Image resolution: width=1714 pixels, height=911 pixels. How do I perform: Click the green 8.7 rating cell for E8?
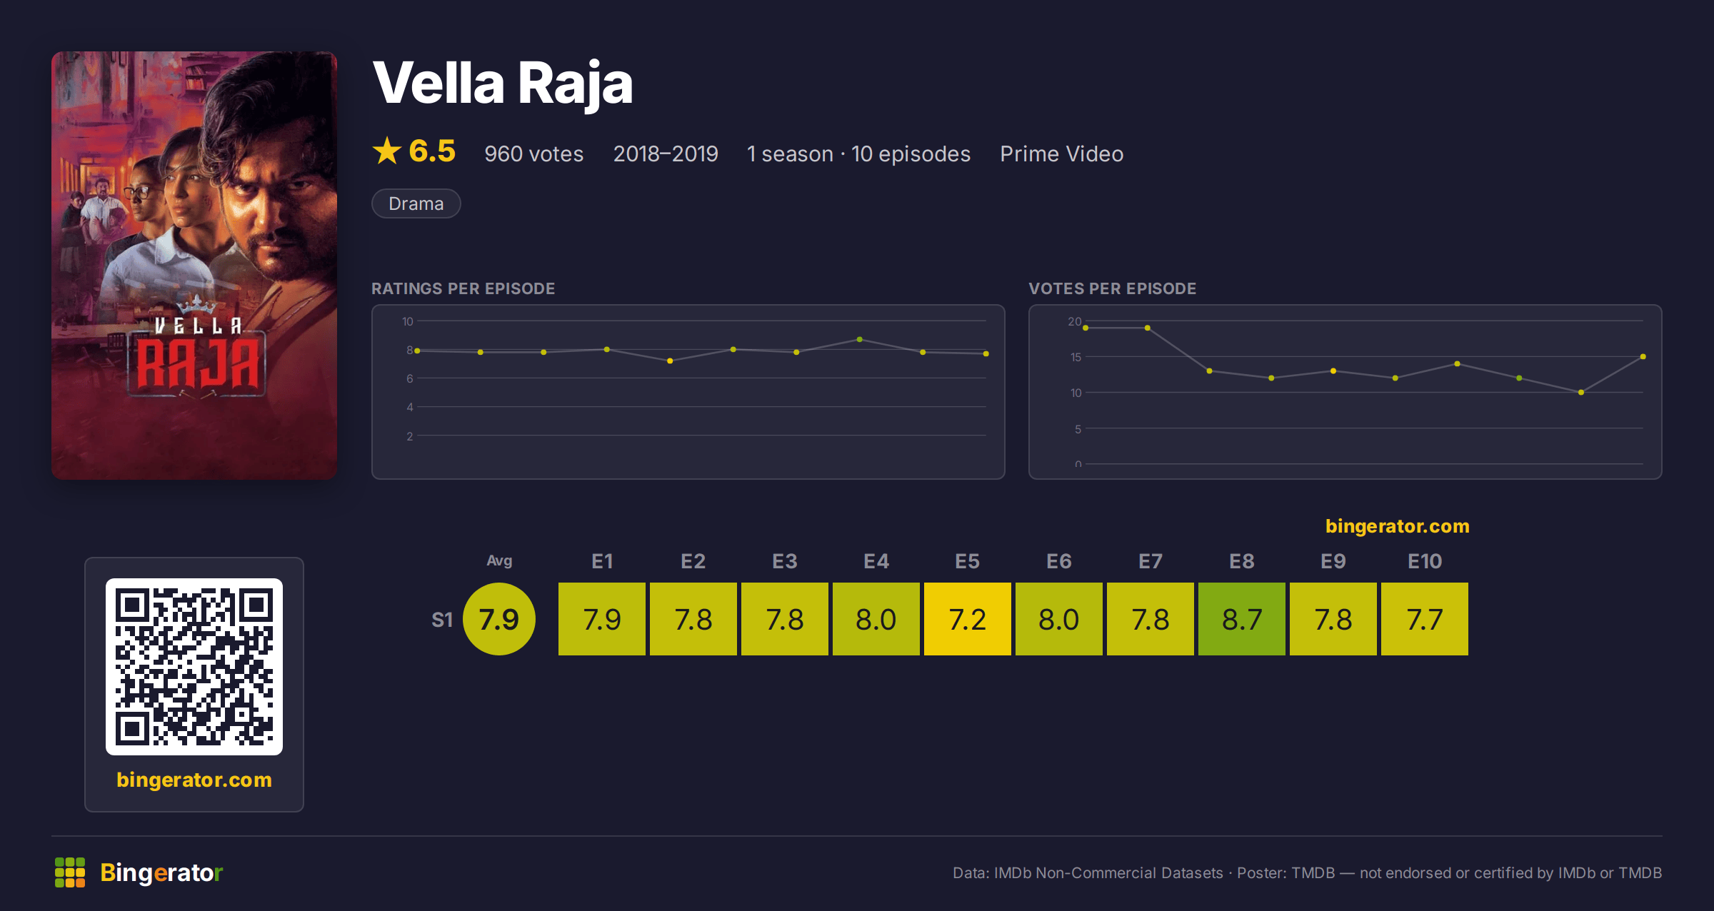point(1242,619)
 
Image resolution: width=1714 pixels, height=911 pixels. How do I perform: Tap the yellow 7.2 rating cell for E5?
point(968,619)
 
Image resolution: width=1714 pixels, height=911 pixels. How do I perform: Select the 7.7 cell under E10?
point(1425,619)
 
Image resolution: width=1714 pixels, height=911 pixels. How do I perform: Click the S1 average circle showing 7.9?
point(499,619)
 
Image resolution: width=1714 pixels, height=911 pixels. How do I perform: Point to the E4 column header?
point(876,561)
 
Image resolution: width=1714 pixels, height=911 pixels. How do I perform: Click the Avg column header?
point(499,561)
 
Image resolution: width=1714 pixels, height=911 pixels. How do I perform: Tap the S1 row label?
point(442,620)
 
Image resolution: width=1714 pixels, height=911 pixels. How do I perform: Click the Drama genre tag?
point(416,203)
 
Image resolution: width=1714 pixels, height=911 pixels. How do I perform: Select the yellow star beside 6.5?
point(387,151)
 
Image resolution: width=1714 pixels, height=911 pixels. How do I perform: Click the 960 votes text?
point(534,153)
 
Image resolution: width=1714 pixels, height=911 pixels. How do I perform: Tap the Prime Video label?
point(1062,153)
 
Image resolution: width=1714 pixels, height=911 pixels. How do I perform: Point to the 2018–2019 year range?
point(666,153)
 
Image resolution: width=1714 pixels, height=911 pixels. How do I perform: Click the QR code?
point(194,667)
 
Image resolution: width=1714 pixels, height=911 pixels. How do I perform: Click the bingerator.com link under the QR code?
point(194,780)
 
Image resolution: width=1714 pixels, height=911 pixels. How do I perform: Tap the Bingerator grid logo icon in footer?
point(70,872)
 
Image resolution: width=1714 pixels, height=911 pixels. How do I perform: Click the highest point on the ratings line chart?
point(859,339)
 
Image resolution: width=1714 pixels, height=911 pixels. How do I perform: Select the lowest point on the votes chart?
point(1581,392)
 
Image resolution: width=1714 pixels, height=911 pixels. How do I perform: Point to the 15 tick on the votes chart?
point(1076,357)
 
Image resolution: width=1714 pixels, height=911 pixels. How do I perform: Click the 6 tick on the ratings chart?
point(410,378)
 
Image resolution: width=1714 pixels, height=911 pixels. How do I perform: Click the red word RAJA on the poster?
point(198,364)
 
